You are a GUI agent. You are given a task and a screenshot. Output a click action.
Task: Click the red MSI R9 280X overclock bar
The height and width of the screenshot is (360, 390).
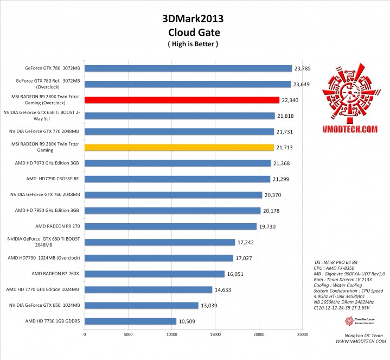(x=182, y=100)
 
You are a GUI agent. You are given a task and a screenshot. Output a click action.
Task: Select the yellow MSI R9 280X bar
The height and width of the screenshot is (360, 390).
(x=179, y=147)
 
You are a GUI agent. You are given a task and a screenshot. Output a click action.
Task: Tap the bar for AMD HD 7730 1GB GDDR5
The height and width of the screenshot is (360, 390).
(x=130, y=321)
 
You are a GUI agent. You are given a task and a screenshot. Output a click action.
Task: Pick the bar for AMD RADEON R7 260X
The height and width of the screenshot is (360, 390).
(x=155, y=274)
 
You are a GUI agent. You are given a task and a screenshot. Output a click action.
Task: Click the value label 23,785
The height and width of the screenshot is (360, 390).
(x=303, y=68)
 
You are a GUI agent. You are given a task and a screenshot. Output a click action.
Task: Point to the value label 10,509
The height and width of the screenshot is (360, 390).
(x=188, y=321)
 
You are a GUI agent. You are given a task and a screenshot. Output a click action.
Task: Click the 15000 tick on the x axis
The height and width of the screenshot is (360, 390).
(x=215, y=334)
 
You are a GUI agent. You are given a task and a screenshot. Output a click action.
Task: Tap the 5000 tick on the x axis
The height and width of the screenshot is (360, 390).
(x=128, y=334)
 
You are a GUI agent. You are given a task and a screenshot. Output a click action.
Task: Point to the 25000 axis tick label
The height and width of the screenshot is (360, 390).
(x=303, y=334)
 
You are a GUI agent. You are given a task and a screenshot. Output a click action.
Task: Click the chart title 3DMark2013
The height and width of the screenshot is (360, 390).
(x=192, y=18)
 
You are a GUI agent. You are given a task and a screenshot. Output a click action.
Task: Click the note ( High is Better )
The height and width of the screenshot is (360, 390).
(x=192, y=43)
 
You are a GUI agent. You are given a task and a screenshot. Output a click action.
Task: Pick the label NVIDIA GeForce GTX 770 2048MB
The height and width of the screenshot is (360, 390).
(x=45, y=131)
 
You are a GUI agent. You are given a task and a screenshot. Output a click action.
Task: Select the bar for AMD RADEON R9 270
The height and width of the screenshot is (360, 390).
(x=170, y=226)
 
